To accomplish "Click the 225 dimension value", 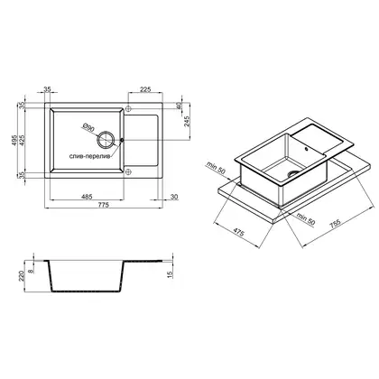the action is (x=145, y=89).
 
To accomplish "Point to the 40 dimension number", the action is (x=180, y=106).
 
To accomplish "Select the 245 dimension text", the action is (x=187, y=121).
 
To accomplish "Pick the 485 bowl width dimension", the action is (x=87, y=197).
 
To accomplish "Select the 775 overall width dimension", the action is (x=103, y=205).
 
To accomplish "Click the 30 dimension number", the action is (x=174, y=197).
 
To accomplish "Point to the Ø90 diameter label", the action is (x=88, y=128).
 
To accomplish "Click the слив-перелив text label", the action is (x=90, y=156).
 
